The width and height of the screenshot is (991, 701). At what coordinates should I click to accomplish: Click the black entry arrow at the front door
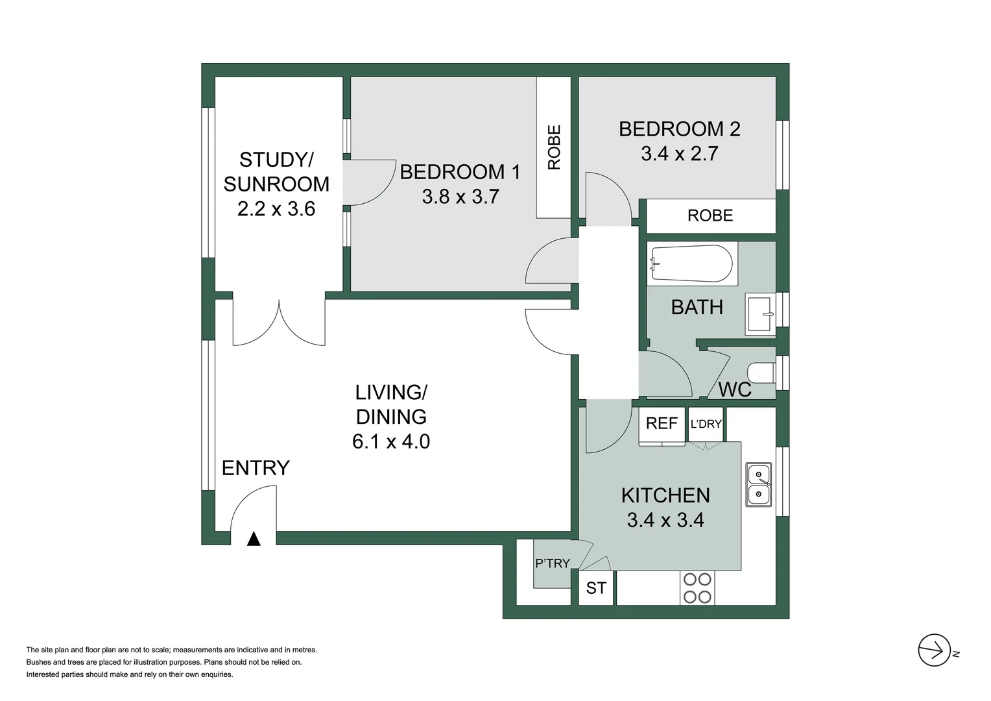[x=254, y=539]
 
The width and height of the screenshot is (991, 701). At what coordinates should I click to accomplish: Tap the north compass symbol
[x=935, y=650]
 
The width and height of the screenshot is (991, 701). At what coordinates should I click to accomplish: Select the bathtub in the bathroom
[x=691, y=264]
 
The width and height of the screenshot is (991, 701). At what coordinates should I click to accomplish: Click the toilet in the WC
[x=761, y=373]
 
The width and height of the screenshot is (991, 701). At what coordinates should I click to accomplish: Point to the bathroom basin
[x=760, y=314]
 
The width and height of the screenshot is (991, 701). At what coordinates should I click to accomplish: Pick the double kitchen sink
[x=758, y=485]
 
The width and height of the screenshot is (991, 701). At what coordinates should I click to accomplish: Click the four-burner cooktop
[x=697, y=588]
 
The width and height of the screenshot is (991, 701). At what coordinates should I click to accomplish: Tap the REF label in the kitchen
[x=662, y=423]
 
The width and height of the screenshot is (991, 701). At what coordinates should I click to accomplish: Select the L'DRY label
[x=706, y=424]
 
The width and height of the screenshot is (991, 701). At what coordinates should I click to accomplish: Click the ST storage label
[x=596, y=588]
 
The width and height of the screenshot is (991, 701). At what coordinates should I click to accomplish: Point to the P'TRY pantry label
[x=552, y=563]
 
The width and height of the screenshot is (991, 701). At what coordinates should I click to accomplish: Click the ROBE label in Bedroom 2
[x=710, y=215]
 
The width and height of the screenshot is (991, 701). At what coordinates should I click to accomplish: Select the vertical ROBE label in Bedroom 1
[x=554, y=147]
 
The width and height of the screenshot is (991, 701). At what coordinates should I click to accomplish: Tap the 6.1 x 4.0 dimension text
[x=391, y=441]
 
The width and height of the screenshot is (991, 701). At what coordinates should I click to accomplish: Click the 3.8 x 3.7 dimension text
[x=460, y=197]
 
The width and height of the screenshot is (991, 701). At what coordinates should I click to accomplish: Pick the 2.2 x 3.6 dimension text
[x=276, y=209]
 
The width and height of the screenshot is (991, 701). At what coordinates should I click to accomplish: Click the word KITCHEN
[x=665, y=495]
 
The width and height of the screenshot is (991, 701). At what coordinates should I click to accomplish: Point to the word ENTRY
[x=256, y=468]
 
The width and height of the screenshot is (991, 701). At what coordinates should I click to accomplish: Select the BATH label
[x=697, y=307]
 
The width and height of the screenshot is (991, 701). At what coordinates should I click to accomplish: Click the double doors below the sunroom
[x=279, y=323]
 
